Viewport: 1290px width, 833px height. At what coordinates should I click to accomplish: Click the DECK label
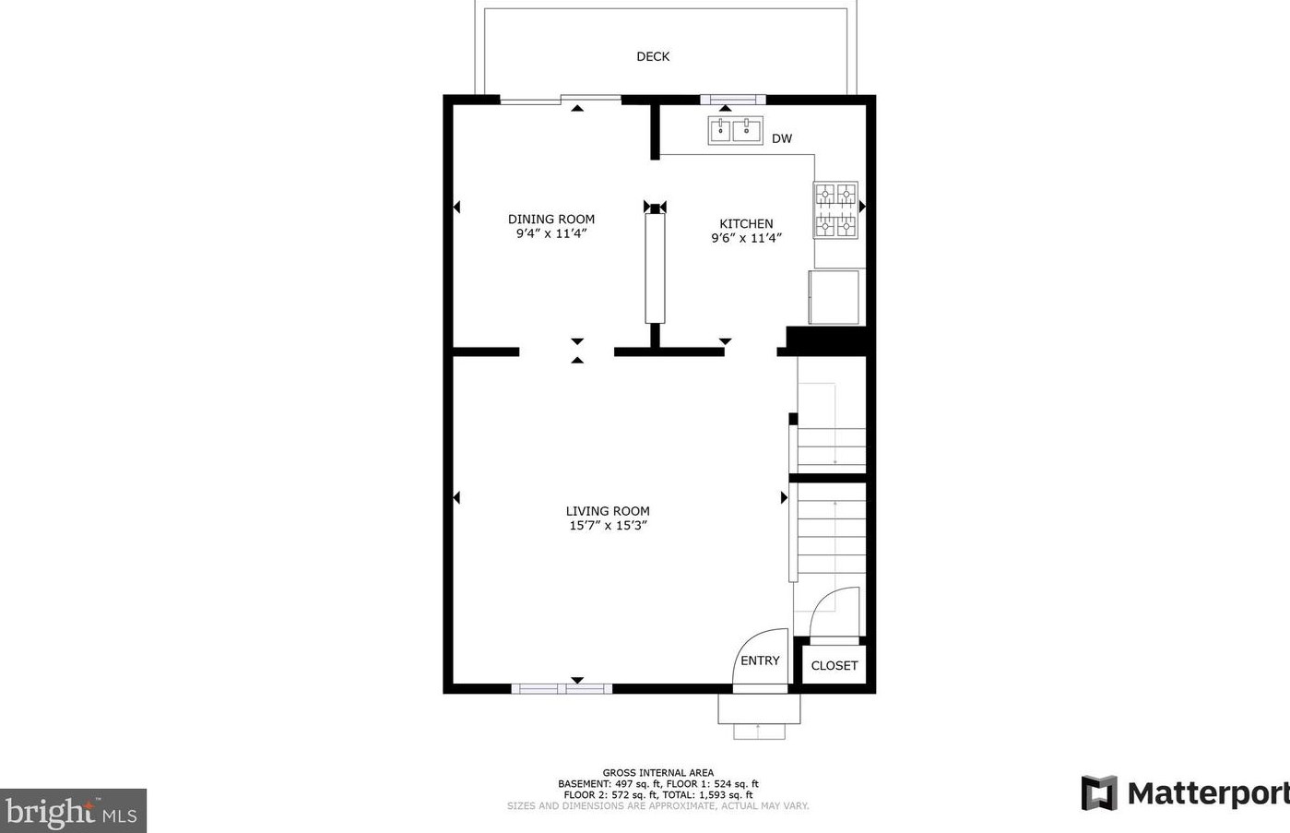pos(653,56)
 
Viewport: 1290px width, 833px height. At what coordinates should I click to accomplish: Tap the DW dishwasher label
pos(781,139)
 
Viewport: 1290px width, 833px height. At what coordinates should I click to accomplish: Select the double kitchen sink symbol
pos(735,131)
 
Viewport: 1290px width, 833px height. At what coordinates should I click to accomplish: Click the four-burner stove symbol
pos(835,210)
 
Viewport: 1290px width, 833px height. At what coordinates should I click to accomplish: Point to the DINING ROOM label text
pos(551,219)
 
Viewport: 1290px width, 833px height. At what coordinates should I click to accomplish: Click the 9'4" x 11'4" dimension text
pos(551,233)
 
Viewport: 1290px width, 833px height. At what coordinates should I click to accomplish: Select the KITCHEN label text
pos(746,223)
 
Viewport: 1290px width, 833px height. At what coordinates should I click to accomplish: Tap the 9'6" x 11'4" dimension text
pos(746,238)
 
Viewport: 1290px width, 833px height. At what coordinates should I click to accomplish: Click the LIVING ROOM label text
pos(608,511)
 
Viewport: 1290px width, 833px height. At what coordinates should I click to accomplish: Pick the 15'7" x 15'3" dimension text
pos(608,526)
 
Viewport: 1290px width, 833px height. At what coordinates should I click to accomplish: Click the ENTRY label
pos(760,660)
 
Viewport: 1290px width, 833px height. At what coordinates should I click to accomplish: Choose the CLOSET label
pos(834,665)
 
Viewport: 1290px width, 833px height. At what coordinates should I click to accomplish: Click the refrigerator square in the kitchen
pos(834,297)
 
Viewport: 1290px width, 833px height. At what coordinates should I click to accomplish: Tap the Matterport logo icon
pos(1098,793)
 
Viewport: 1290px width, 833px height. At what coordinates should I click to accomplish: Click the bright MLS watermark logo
pos(73,812)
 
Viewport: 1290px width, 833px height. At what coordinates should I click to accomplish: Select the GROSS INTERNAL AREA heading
pos(657,773)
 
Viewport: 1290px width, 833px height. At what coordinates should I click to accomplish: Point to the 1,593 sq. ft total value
pos(728,794)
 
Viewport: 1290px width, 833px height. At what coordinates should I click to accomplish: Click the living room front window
pos(562,688)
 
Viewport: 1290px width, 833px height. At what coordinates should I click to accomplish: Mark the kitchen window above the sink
pos(732,100)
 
